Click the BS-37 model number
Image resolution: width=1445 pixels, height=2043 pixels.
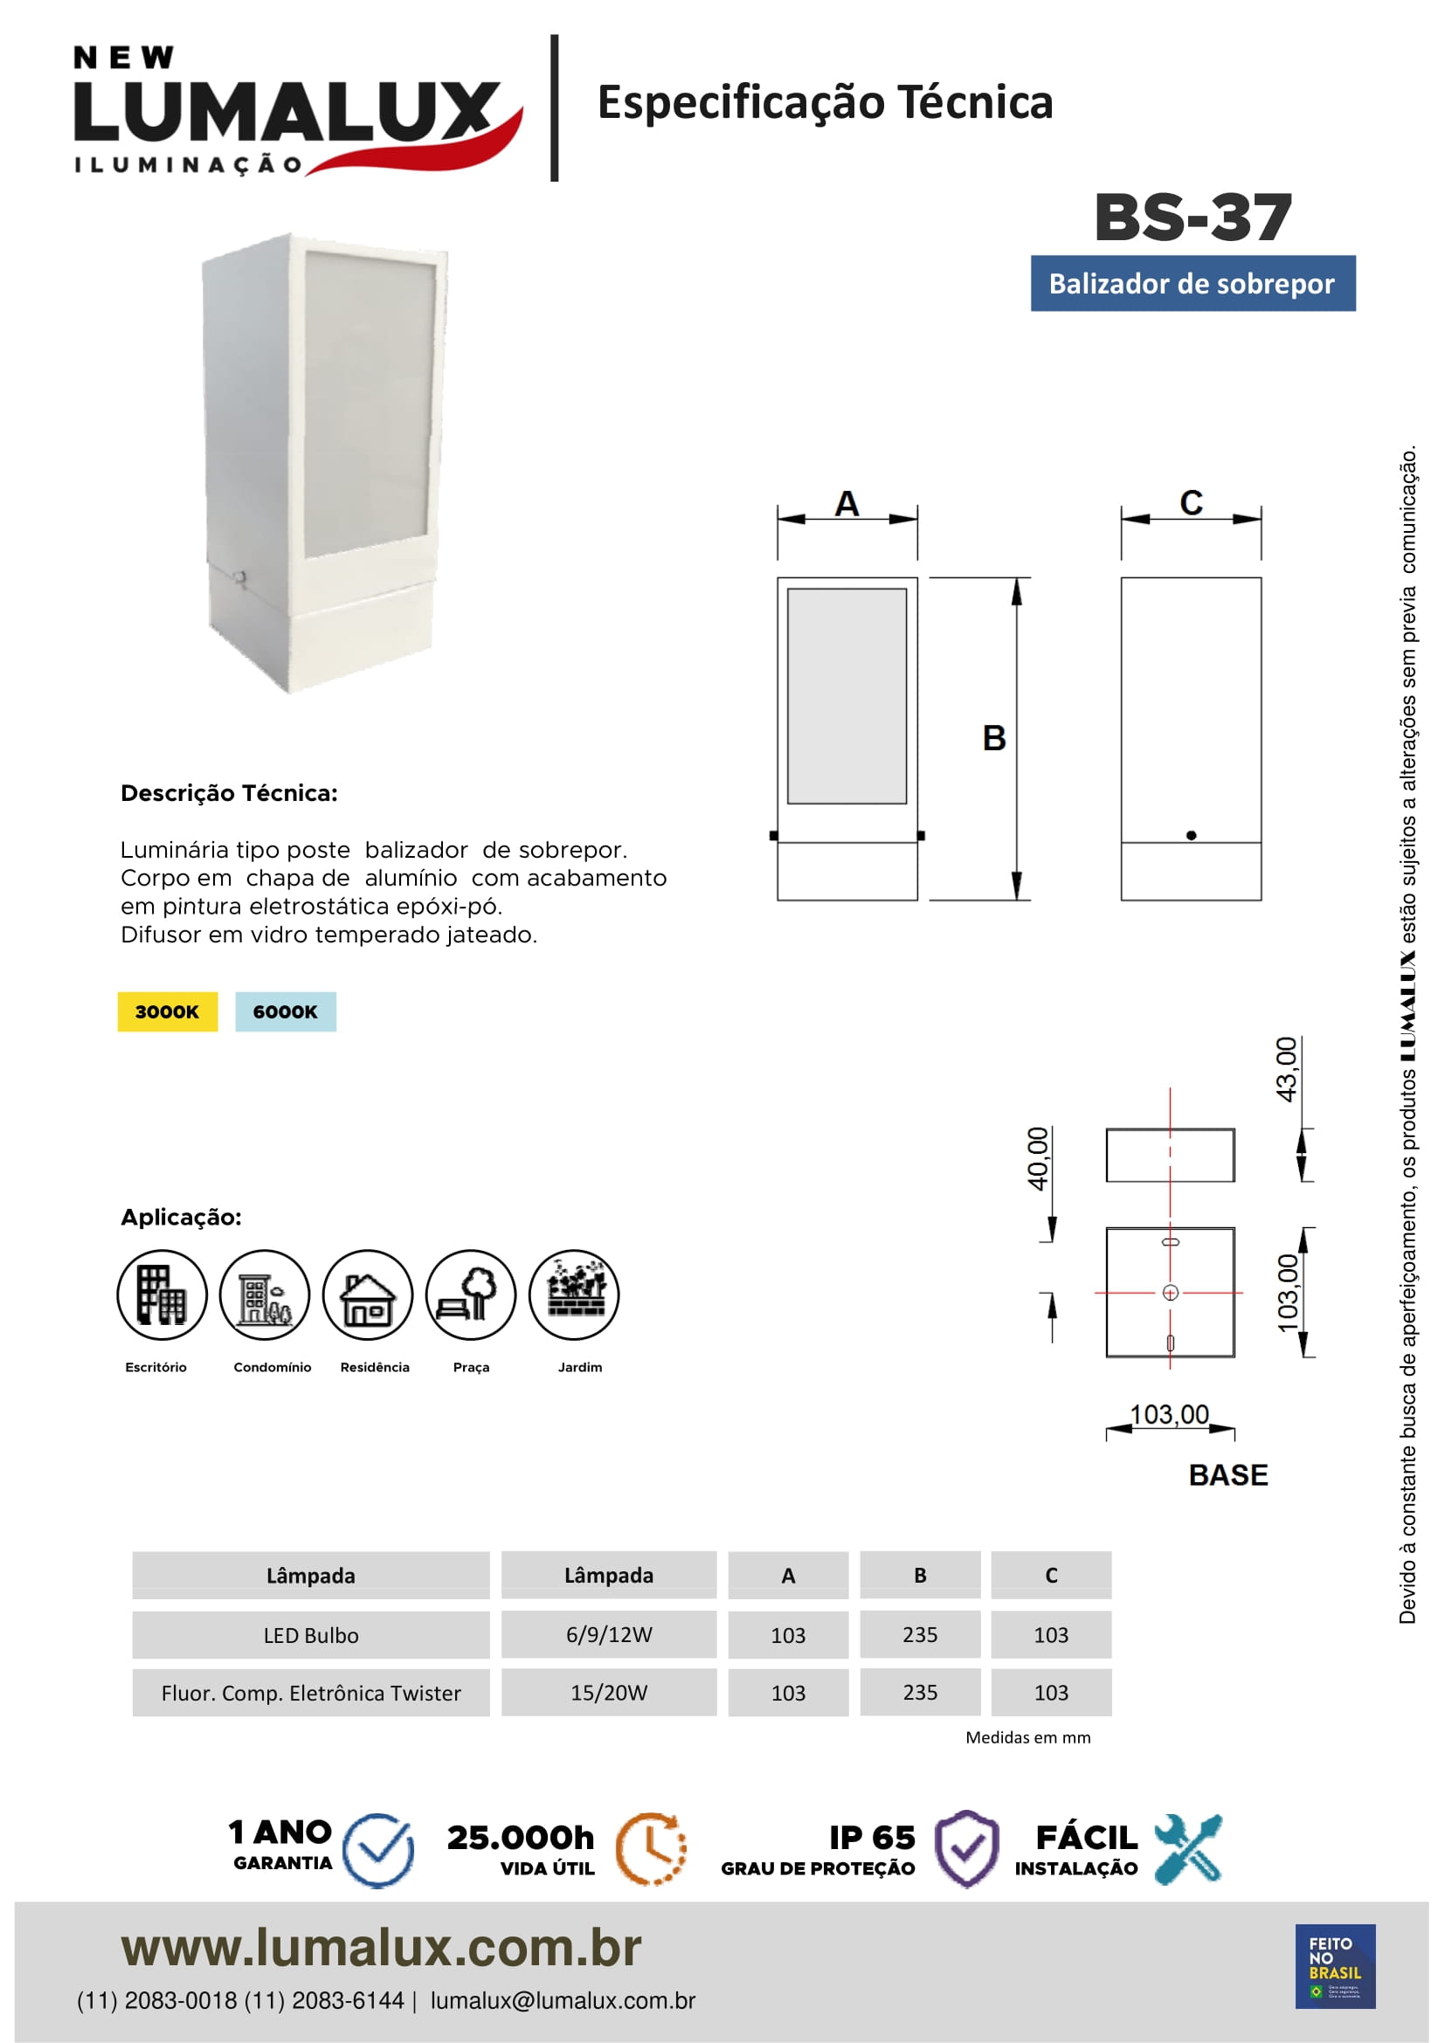(x=1193, y=217)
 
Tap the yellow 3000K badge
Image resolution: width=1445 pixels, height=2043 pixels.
(x=167, y=1011)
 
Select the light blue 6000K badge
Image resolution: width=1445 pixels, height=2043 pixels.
(x=286, y=1011)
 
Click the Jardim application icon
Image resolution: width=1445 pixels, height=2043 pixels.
(x=574, y=1294)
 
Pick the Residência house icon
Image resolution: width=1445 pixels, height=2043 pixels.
(x=368, y=1294)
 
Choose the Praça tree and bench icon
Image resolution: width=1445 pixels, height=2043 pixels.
(x=471, y=1294)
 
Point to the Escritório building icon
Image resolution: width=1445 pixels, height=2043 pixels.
(x=162, y=1294)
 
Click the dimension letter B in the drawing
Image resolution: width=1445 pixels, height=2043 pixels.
(x=994, y=739)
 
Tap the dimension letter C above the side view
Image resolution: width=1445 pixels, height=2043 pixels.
(x=1191, y=504)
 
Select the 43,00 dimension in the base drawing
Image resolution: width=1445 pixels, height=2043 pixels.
(x=1287, y=1070)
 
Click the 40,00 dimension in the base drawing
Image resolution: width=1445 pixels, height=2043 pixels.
(x=1039, y=1158)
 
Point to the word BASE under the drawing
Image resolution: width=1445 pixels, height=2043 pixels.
(x=1227, y=1475)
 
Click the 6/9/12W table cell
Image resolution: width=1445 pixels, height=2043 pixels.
(x=609, y=1634)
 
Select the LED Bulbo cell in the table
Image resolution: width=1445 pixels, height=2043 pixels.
(x=310, y=1635)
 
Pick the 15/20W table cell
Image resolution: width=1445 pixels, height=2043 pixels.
(x=609, y=1693)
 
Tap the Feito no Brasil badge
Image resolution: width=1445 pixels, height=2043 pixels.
(x=1335, y=1966)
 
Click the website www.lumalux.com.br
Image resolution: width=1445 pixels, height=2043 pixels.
(x=381, y=1948)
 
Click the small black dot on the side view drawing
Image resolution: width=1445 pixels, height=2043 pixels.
(x=1192, y=836)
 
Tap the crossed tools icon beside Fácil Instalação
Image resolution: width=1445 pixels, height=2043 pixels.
(x=1189, y=1849)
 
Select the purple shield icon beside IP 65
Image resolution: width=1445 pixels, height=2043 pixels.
(x=966, y=1849)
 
